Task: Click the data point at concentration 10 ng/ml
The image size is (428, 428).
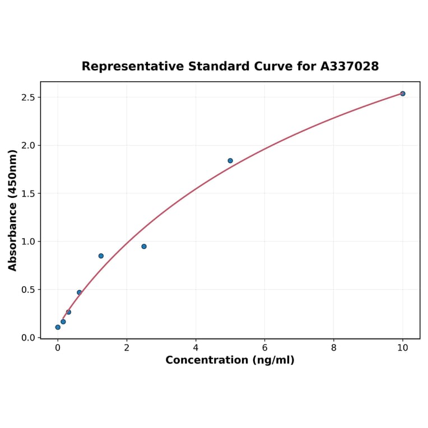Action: point(402,94)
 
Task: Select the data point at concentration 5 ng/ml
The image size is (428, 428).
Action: point(230,161)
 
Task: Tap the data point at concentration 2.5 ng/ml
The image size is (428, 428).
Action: point(144,246)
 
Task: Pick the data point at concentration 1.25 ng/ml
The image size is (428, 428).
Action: point(101,256)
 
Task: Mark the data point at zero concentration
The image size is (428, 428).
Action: point(58,327)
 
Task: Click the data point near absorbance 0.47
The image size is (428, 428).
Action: point(79,292)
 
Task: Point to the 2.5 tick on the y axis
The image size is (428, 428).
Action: point(28,97)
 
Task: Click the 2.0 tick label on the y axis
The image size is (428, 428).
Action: point(28,146)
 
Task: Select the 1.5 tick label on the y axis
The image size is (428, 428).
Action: point(28,194)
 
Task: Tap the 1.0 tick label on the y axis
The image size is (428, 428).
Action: point(28,242)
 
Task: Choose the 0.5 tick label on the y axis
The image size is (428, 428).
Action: point(28,290)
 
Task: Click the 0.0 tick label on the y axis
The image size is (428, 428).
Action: point(28,338)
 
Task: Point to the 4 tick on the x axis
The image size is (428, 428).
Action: point(196,347)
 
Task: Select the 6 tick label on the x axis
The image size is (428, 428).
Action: point(264,347)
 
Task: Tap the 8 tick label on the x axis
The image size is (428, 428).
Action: point(334,347)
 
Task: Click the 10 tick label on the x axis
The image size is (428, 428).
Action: point(402,347)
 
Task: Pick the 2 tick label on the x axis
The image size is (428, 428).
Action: point(127,347)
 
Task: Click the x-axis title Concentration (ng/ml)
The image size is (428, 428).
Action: point(230,360)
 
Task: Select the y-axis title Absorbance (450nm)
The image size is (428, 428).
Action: point(13,210)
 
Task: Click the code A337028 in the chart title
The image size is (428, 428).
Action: point(350,67)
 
